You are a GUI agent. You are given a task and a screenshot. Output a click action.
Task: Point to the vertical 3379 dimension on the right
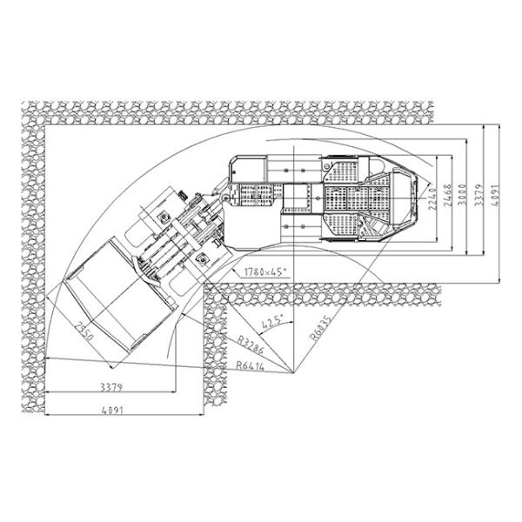478,197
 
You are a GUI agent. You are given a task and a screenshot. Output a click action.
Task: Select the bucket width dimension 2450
85,330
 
